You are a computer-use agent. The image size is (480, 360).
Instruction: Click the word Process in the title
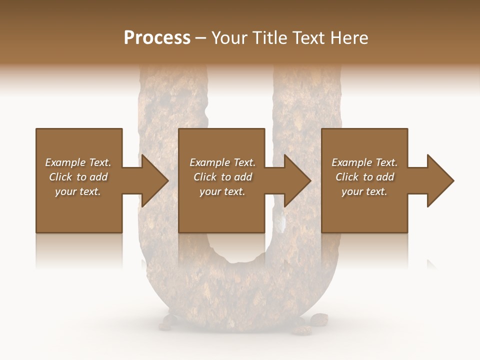pos(157,38)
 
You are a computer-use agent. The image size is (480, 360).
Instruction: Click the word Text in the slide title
pos(307,38)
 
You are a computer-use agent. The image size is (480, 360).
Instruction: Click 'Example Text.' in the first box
pos(78,162)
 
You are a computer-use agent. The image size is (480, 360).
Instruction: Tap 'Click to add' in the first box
pos(78,177)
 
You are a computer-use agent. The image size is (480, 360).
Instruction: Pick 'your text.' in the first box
pos(78,191)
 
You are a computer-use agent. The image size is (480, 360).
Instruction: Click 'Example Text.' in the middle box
pos(222,162)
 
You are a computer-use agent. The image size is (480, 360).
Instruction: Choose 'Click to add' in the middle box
pos(222,177)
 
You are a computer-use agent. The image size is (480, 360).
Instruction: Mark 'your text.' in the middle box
pos(222,191)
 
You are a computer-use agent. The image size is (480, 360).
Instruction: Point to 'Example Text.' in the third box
pos(364,162)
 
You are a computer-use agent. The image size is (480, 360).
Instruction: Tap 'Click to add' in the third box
pos(364,177)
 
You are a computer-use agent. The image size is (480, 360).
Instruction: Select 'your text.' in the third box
pos(364,191)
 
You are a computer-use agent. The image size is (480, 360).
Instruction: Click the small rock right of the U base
pos(318,318)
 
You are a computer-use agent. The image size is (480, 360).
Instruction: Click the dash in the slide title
pos(200,38)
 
